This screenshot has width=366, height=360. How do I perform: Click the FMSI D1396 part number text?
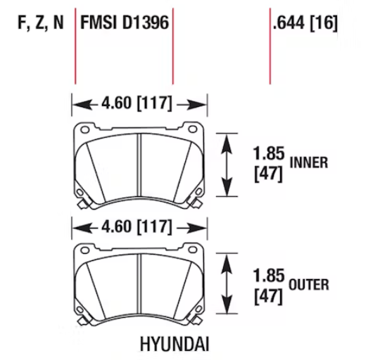point(125,22)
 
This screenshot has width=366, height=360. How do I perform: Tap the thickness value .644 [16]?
point(305,22)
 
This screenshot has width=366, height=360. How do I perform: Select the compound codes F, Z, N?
point(41,22)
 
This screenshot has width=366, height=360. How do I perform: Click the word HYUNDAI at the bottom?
point(175,344)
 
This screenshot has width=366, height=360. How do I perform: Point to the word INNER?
point(309,162)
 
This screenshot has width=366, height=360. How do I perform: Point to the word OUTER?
point(309,285)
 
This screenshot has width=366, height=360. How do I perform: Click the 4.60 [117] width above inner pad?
point(137,103)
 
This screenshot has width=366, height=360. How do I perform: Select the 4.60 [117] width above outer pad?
point(137,226)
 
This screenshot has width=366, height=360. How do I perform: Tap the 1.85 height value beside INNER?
point(269,153)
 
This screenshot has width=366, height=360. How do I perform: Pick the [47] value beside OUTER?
point(269,297)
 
